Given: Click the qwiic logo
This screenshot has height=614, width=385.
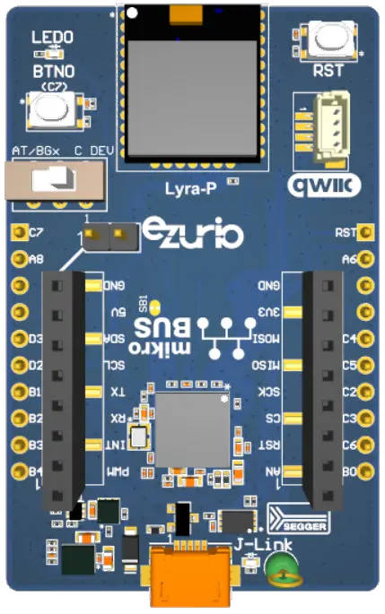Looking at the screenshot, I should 323,186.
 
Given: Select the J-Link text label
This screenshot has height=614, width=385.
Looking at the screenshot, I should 253,544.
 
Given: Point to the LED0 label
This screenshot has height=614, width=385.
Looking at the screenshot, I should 53,39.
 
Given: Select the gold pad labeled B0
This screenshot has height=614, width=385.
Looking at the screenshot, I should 363,471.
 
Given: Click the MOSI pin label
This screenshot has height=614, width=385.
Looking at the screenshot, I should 265,340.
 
